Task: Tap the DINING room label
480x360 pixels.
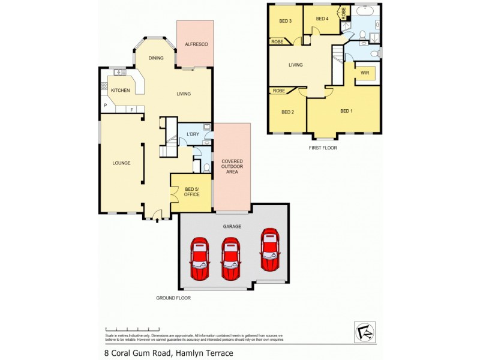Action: pyautogui.click(x=156, y=58)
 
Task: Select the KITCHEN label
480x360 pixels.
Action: pyautogui.click(x=120, y=90)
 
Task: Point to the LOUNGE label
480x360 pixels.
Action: pyautogui.click(x=121, y=163)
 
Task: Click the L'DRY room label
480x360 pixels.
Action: pyautogui.click(x=193, y=133)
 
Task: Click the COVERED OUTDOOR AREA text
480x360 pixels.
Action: pyautogui.click(x=232, y=166)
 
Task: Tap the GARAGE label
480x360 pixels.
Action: pyautogui.click(x=232, y=226)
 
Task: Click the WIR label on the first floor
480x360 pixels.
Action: pyautogui.click(x=364, y=73)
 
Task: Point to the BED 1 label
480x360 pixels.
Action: pyautogui.click(x=346, y=111)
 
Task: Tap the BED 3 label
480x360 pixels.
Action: pyautogui.click(x=285, y=22)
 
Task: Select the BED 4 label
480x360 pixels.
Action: pyautogui.click(x=323, y=19)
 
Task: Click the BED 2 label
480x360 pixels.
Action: pyautogui.click(x=287, y=112)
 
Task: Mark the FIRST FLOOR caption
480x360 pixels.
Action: pyautogui.click(x=323, y=147)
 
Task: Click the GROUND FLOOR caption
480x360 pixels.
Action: pyautogui.click(x=173, y=298)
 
